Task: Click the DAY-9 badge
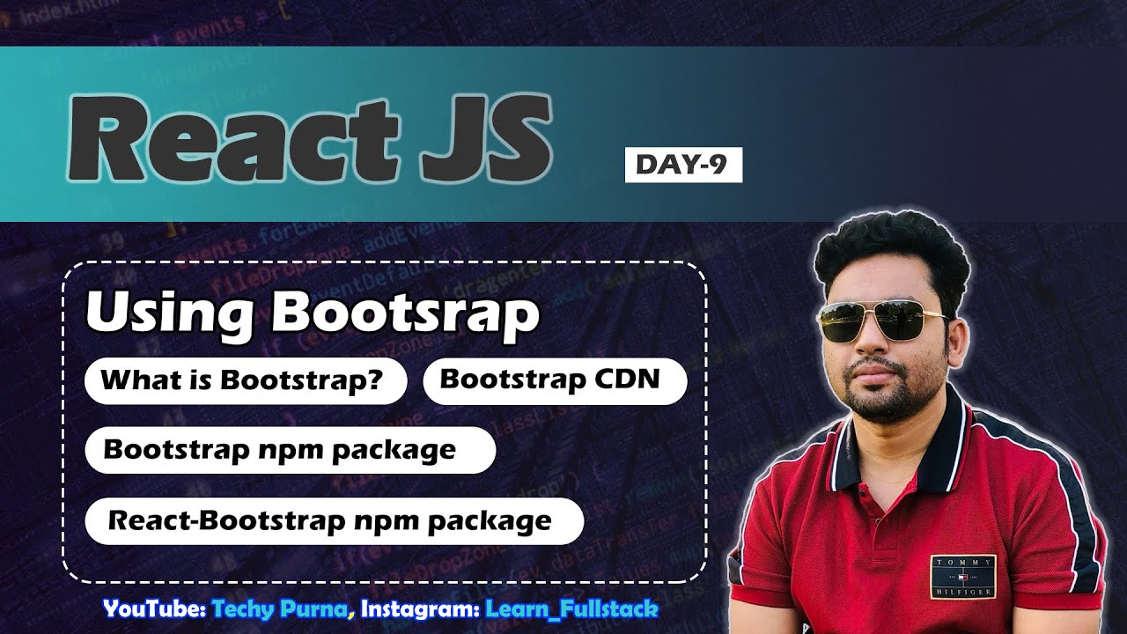point(683,165)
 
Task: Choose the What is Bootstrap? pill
point(246,381)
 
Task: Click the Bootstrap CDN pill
point(555,380)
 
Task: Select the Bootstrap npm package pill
point(290,450)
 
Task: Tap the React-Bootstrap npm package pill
point(334,520)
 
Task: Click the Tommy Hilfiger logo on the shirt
point(962,577)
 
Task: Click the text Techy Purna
point(280,608)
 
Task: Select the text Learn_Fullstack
point(571,608)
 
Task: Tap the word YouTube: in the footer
point(154,608)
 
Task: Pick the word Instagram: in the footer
point(419,608)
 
